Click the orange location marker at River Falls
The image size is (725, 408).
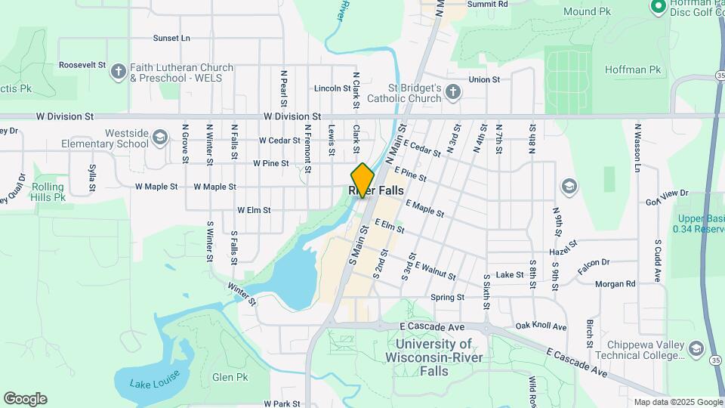tap(362, 180)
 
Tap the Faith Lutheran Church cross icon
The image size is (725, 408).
tap(118, 72)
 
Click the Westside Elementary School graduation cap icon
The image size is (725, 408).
tap(159, 138)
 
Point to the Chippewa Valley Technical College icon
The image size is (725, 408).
tap(695, 348)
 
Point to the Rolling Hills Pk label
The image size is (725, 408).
tap(49, 192)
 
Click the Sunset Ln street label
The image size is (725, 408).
tap(171, 38)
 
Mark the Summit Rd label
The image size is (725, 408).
tap(487, 4)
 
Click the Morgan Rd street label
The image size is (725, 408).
tap(615, 283)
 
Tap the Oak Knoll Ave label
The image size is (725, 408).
tap(541, 326)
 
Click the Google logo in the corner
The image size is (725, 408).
tap(25, 399)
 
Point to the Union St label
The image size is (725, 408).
tap(484, 79)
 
